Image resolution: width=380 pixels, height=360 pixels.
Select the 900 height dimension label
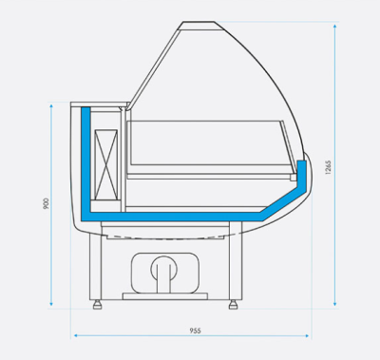(46, 204)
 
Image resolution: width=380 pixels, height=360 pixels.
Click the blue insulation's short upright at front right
(302, 175)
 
